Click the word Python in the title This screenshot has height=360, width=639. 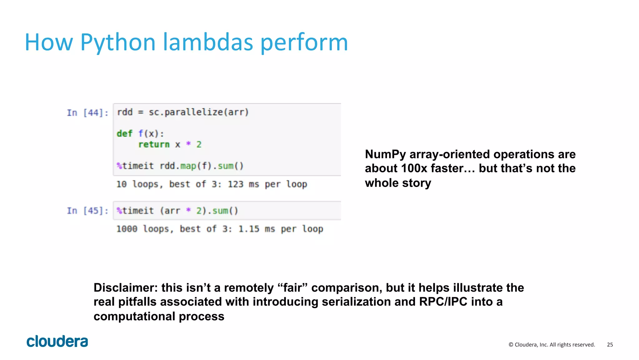118,42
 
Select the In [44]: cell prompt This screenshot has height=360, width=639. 88,113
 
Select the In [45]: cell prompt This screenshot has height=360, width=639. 88,211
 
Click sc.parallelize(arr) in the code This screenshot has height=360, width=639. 198,112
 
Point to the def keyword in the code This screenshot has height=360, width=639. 124,134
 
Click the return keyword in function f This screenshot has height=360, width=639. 154,145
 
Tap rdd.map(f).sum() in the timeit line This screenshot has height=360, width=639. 201,166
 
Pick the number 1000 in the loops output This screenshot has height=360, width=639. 127,229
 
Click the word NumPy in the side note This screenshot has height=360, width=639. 385,155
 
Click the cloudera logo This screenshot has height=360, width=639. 57,341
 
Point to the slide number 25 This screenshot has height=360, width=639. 610,345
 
